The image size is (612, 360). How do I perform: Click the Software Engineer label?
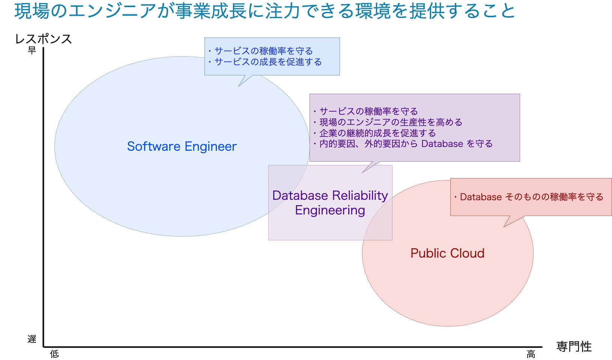click(x=182, y=146)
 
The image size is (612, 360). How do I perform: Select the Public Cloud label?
click(x=447, y=253)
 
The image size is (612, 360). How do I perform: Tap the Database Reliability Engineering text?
click(x=330, y=202)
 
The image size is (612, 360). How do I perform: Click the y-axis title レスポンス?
click(x=43, y=39)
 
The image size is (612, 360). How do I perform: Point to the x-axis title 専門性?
click(x=574, y=346)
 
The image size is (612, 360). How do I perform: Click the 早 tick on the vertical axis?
click(x=32, y=50)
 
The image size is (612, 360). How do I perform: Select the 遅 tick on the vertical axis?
click(x=32, y=339)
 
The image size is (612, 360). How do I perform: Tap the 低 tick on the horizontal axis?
click(x=54, y=354)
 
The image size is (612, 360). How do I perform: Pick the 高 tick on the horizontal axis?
click(x=531, y=354)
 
